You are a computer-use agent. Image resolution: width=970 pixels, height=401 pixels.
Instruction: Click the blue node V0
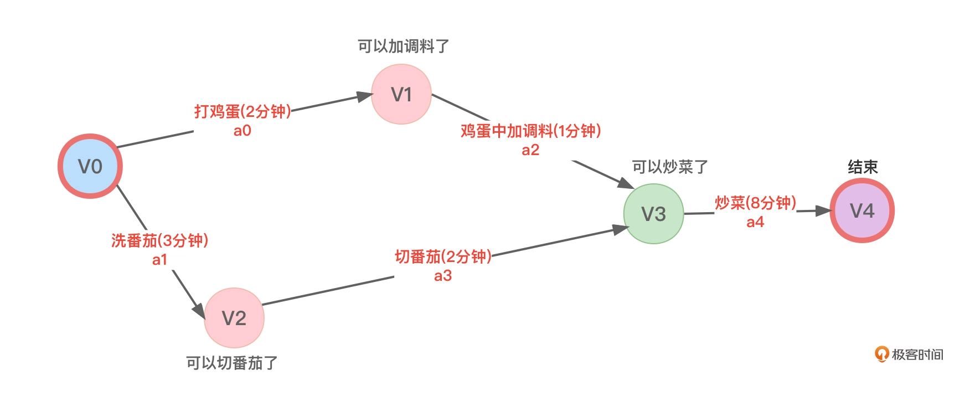point(90,166)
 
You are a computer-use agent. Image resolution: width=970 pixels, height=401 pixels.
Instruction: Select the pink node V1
point(401,94)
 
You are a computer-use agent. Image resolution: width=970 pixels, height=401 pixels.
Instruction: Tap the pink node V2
point(234,318)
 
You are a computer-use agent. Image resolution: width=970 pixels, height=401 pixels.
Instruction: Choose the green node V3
point(653,214)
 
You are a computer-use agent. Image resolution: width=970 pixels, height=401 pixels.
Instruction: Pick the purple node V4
point(862,210)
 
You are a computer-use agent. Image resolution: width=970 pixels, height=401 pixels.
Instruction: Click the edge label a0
point(242,131)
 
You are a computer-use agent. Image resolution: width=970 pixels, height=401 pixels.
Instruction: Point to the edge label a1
point(159,260)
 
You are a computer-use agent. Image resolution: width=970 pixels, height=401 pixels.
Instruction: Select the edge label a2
point(530,150)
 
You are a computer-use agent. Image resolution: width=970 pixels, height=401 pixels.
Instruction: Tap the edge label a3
point(443,276)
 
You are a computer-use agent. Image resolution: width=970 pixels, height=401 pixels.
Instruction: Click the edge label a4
point(755,222)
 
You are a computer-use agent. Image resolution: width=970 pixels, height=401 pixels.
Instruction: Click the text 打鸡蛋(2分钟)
point(242,111)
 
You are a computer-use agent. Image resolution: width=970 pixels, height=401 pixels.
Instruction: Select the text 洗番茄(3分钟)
point(159,240)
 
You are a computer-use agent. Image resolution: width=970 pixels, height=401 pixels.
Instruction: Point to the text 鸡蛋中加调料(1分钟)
point(530,131)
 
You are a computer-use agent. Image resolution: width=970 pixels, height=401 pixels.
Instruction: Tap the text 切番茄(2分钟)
point(443,256)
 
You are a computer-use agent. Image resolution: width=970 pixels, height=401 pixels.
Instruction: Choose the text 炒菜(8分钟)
point(755,203)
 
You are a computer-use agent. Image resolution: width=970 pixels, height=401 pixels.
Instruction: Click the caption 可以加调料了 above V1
point(403,46)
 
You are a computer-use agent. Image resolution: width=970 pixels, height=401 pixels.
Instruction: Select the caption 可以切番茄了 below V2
point(232,363)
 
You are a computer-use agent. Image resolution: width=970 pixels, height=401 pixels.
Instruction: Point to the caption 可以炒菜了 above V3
point(670,167)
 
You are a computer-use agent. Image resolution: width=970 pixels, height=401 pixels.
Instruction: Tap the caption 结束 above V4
point(863,167)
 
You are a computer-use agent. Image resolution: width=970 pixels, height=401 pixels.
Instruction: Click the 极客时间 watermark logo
point(909,354)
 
